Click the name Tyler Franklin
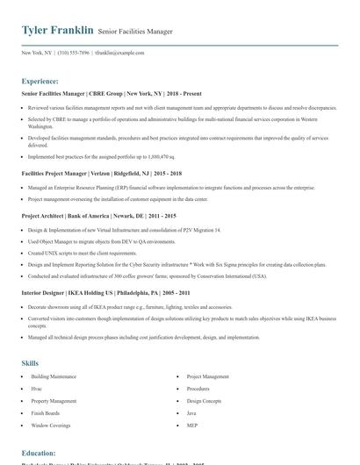(x=57, y=31)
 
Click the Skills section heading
(x=30, y=362)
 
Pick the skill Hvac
(x=38, y=388)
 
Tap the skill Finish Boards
(x=46, y=412)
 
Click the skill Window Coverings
(x=50, y=425)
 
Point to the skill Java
(x=191, y=412)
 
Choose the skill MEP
(x=191, y=425)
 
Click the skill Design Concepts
(x=204, y=400)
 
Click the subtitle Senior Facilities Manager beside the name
(x=135, y=32)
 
